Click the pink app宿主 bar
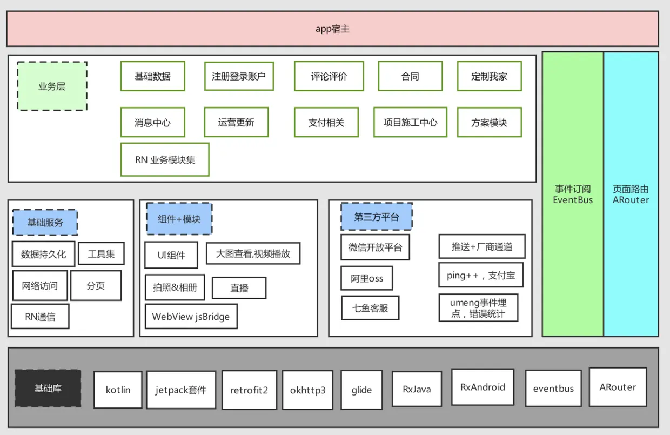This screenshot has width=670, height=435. pos(332,29)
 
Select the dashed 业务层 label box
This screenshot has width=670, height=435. pos(52,86)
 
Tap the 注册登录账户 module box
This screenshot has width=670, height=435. pos(239,76)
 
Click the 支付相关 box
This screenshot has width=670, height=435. pos(326,123)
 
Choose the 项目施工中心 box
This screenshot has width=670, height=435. pos(410,123)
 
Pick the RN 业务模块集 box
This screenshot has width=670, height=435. pos(165,159)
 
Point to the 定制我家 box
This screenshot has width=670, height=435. pos(489,76)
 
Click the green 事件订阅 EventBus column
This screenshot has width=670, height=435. pos(573,195)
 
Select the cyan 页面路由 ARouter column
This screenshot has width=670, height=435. pos(631,195)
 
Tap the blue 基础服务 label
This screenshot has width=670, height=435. pos(45,223)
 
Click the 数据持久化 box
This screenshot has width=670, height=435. pos(43,254)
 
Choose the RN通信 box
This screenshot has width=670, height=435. pos(40,317)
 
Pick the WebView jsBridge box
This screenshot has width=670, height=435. pos(191,317)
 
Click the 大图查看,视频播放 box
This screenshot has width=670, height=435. pos(253,253)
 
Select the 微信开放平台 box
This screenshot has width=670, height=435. pos(375,247)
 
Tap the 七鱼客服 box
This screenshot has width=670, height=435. pos(370,308)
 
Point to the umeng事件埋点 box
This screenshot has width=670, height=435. pos(478,308)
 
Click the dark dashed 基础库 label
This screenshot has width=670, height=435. pos(48,389)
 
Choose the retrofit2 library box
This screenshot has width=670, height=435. pos(249,390)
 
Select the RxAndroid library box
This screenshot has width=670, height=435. pos(483,387)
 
